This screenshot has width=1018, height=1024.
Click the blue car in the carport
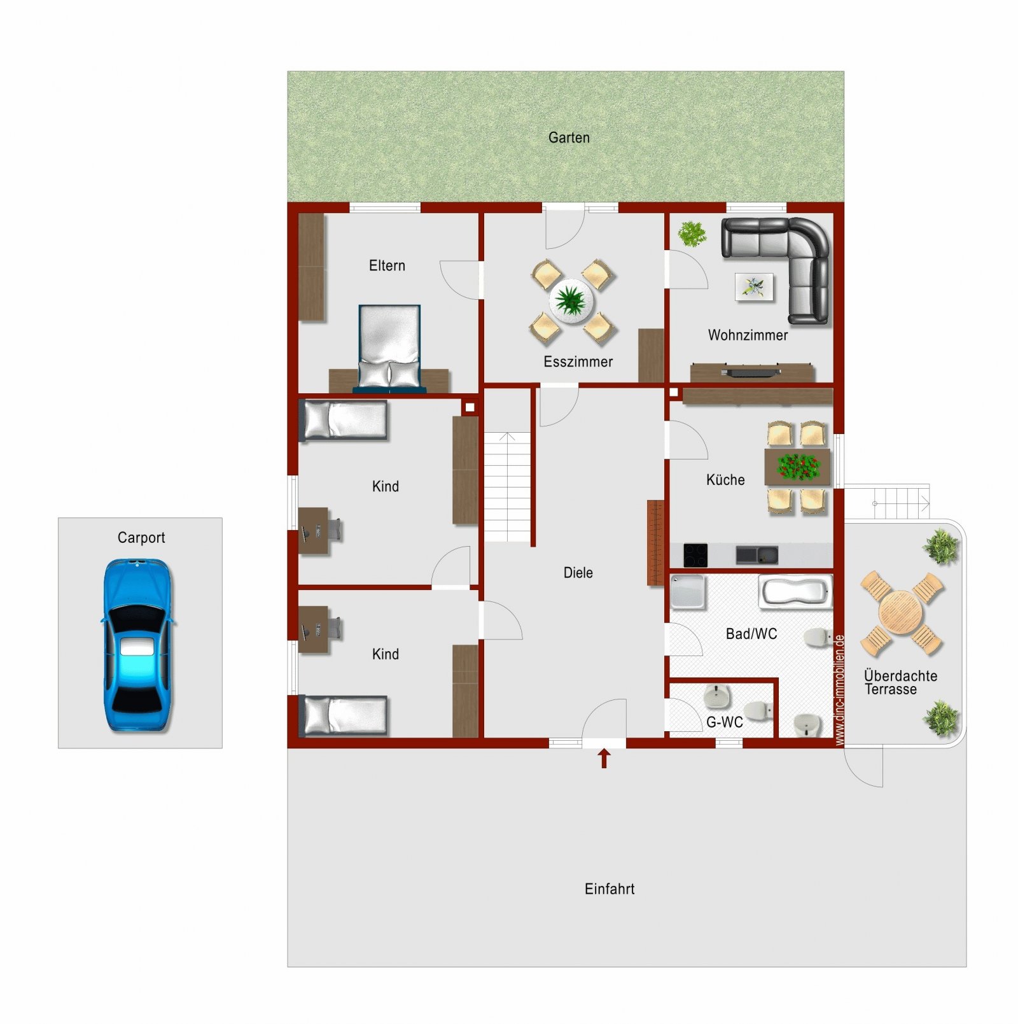tap(137, 645)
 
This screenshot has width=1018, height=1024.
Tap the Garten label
tap(569, 137)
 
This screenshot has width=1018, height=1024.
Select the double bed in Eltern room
tap(389, 347)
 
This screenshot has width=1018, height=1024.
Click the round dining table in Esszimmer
tap(572, 300)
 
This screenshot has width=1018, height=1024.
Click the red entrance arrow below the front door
tap(604, 758)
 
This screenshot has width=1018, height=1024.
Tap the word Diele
tap(578, 573)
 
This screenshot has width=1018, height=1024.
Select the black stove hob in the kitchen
tap(695, 555)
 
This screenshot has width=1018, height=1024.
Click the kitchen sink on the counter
tap(757, 555)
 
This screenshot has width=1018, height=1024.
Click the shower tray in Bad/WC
tap(688, 591)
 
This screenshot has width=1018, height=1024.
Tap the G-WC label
tap(725, 722)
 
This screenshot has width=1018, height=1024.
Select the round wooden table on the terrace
tap(900, 612)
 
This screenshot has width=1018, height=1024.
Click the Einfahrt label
tap(610, 889)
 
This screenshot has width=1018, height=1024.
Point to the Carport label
tap(141, 538)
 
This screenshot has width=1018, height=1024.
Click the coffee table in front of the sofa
tap(755, 286)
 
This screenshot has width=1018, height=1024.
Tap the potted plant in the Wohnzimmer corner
tap(692, 234)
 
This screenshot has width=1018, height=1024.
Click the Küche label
tap(725, 480)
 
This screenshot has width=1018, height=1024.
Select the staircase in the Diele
tap(508, 487)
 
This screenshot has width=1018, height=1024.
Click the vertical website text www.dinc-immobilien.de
tap(839, 690)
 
